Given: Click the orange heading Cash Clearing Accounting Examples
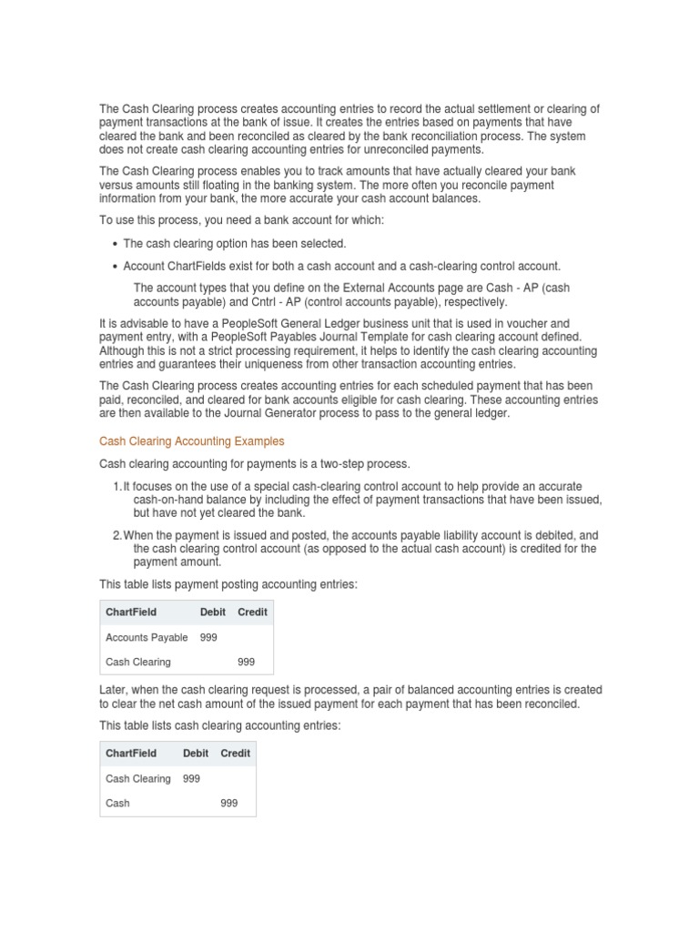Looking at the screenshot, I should (191, 441).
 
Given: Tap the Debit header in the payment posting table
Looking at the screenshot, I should (212, 613).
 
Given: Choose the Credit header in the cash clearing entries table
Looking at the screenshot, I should (235, 754).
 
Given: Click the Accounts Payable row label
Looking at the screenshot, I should (147, 637).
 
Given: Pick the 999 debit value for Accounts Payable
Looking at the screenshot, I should (208, 637).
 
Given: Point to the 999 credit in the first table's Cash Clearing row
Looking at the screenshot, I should (247, 662).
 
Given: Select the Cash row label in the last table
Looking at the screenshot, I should (117, 803).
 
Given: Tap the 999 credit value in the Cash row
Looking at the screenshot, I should (229, 803).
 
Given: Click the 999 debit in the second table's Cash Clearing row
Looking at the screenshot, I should (191, 778).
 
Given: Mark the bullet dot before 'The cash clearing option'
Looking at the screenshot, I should (115, 244).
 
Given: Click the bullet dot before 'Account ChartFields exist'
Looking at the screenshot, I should (115, 267).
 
